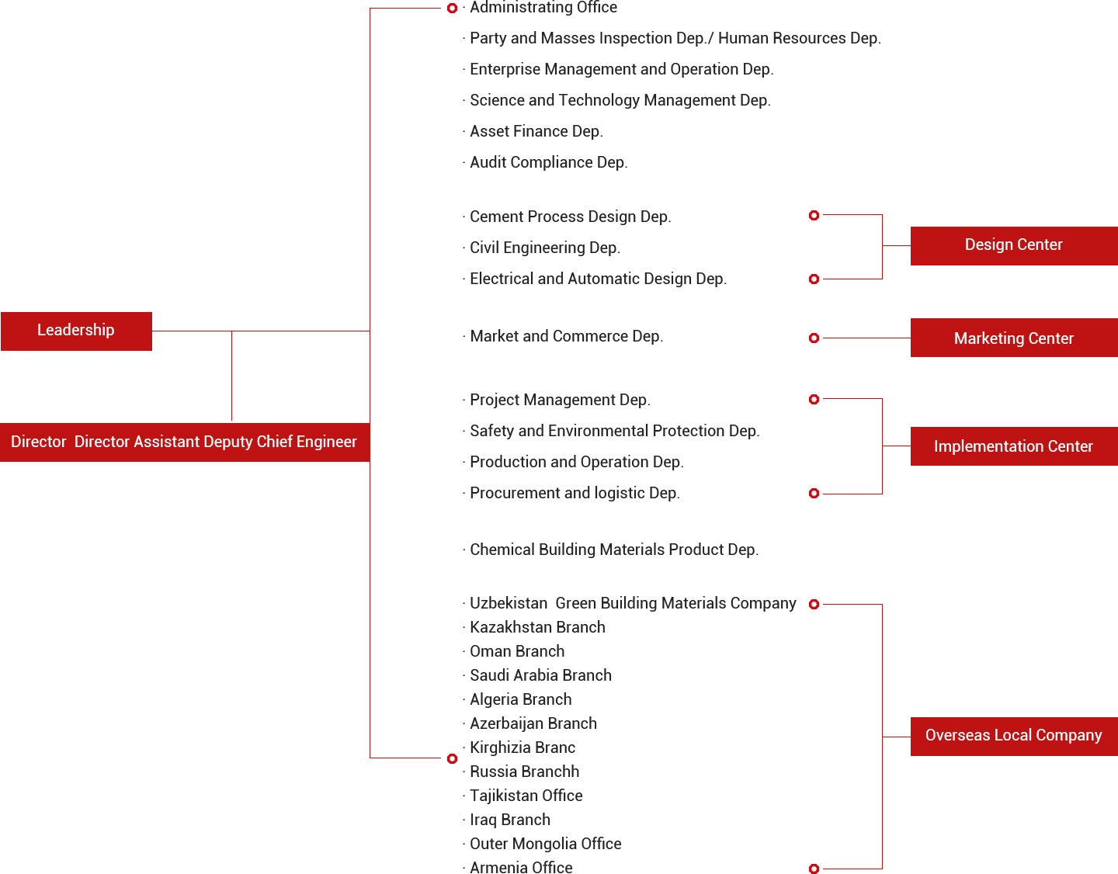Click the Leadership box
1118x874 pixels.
(x=76, y=331)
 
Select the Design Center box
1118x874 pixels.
(x=1013, y=245)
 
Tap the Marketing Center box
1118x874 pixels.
(x=1013, y=338)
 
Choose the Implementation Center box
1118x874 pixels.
(x=1013, y=446)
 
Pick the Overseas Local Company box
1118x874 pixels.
(x=1013, y=736)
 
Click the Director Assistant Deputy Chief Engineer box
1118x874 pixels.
(x=184, y=442)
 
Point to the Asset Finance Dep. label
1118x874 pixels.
(x=536, y=132)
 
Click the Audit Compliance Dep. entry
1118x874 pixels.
(x=548, y=163)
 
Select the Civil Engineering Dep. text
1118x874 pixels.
(x=544, y=248)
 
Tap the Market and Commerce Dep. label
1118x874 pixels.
(x=566, y=337)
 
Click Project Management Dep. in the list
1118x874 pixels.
(x=560, y=401)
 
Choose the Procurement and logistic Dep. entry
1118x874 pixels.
(x=575, y=494)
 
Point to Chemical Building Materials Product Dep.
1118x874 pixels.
(x=613, y=550)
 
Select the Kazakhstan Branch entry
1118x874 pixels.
(x=537, y=628)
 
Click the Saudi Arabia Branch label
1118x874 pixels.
(x=540, y=676)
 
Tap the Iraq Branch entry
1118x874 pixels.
(x=510, y=820)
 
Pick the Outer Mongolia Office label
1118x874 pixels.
(x=545, y=845)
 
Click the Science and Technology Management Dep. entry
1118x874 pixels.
(x=620, y=101)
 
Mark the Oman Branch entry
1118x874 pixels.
(x=517, y=652)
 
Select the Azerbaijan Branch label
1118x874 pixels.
(x=533, y=724)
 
